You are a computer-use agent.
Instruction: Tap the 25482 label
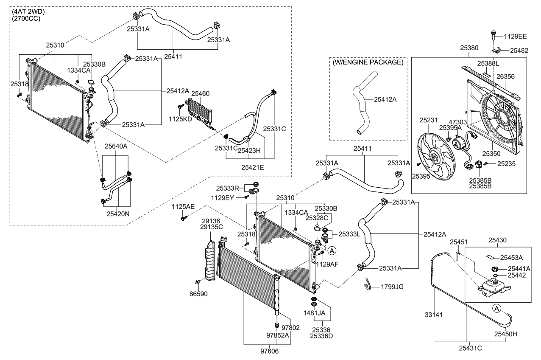[519, 50]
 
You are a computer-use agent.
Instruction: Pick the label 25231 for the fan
[428, 121]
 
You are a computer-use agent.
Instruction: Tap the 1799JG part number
[392, 287]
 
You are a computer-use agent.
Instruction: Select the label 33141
[434, 315]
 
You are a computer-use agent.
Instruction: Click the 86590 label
[199, 294]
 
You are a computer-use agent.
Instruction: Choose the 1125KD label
[180, 119]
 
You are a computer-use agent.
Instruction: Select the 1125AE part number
[183, 206]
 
